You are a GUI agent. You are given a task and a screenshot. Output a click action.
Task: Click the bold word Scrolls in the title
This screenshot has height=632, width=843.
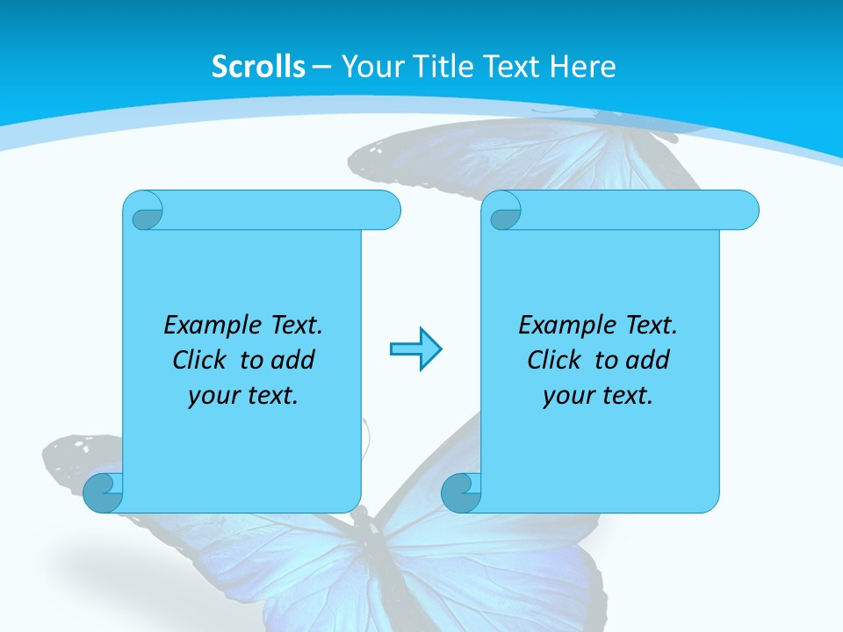259,67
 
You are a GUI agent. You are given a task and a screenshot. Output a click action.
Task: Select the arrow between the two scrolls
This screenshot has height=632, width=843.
415,349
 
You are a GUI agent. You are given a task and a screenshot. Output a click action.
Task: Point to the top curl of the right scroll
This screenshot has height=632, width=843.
504,211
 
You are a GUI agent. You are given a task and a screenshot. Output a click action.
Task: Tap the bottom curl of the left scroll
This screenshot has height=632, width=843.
102,492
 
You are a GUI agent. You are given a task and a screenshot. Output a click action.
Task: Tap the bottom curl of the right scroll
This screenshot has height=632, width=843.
460,492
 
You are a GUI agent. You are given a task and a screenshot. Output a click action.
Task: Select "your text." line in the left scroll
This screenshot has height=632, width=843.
243,396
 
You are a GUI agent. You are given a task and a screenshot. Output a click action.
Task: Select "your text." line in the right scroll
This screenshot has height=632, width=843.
598,396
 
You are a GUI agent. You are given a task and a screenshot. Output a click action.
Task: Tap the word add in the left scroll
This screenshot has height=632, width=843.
294,361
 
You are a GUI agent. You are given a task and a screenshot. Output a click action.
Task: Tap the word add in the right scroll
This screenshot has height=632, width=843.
649,361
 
